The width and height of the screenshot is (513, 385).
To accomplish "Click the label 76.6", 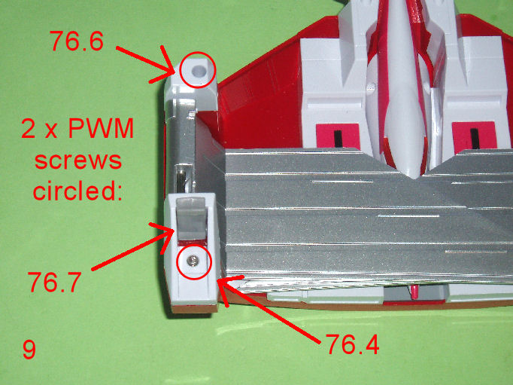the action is [77, 41].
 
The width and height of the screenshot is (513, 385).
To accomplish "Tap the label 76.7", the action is [55, 282].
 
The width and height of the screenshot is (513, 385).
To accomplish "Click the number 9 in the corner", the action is [29, 350].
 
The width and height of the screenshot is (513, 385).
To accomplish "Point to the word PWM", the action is [101, 129].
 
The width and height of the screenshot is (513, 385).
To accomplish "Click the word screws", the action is [78, 160].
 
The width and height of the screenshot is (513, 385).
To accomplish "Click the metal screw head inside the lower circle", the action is [192, 261].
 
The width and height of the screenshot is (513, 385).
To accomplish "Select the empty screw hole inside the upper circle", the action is [197, 70].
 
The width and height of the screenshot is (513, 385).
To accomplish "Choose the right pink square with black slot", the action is [473, 136].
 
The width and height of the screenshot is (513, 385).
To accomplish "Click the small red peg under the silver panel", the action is [414, 291].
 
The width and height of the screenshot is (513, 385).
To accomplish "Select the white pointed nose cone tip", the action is [414, 176].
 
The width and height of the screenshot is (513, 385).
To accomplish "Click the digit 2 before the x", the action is [29, 129].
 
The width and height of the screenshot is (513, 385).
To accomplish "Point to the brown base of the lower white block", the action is [194, 308].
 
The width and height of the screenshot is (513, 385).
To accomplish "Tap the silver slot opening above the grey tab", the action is [182, 179].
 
